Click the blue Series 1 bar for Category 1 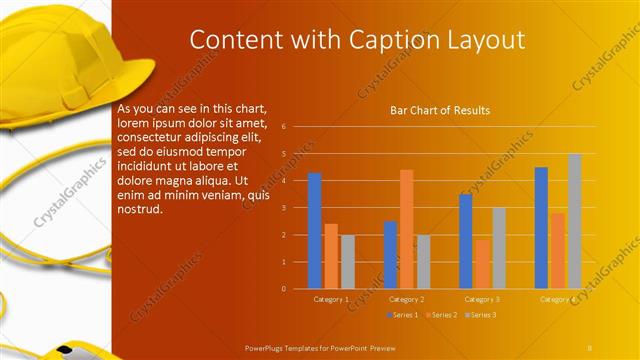point(315,231)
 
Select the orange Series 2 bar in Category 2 point(407,229)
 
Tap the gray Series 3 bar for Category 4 point(575,221)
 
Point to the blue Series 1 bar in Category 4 point(541,228)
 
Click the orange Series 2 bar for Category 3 point(482,264)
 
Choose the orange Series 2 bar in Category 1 point(331,256)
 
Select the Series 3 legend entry point(482,315)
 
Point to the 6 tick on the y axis point(284,127)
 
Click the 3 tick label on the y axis point(284,208)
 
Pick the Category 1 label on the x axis point(331,299)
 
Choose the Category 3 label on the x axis point(482,299)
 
